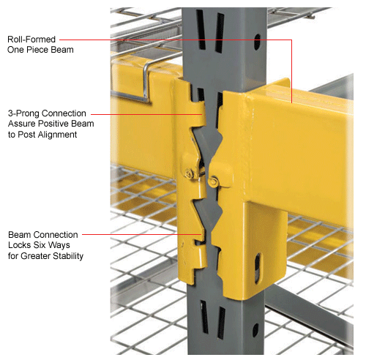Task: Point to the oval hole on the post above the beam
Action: [255, 43]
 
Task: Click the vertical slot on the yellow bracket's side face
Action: [258, 265]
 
